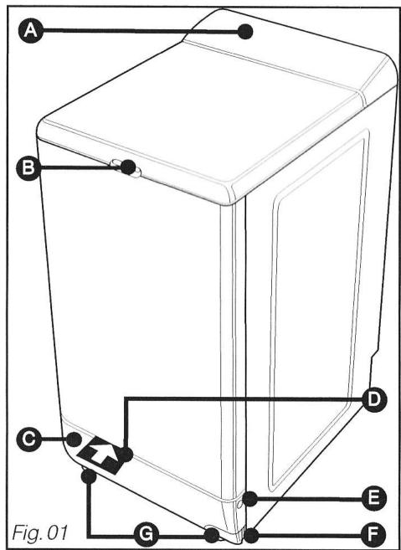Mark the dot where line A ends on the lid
pos(246,33)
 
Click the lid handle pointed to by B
pos(130,168)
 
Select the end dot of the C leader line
pos(75,439)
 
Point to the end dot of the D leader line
pos(126,455)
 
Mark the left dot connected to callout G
pos(86,476)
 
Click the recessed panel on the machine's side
pos(318,310)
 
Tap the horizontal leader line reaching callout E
pos(310,499)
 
